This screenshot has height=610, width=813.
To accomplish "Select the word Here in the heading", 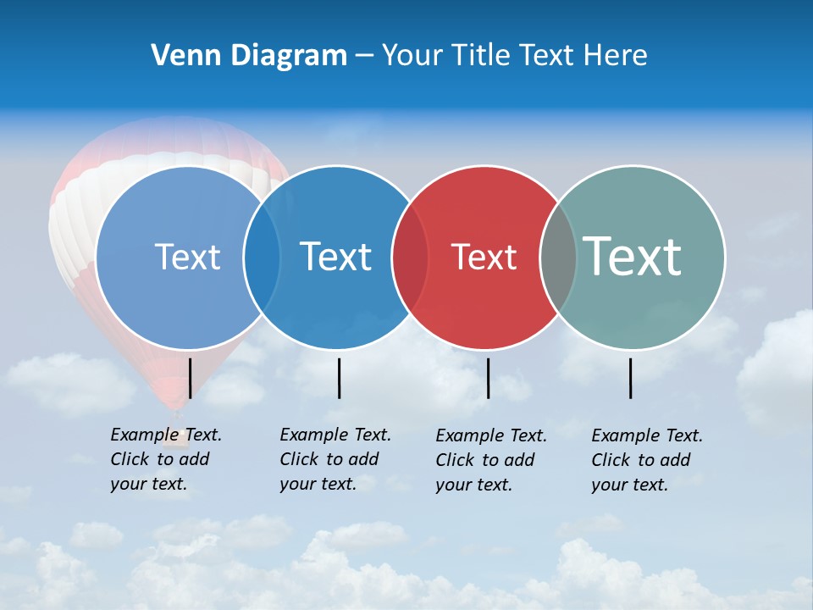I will (616, 55).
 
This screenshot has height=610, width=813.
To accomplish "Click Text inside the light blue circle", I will (187, 257).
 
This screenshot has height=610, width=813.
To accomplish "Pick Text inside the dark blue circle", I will (336, 257).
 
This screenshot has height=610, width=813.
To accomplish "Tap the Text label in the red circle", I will (484, 257).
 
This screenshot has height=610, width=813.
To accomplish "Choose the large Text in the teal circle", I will (633, 256).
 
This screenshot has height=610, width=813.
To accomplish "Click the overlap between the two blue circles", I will (262, 257).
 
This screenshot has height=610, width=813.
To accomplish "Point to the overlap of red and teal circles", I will (558, 257).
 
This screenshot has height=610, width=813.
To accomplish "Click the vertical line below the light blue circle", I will (190, 378).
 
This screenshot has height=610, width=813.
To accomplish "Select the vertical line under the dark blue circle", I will (339, 378).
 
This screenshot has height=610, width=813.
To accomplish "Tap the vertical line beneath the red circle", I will (488, 378).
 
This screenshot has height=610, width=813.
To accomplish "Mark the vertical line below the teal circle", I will (631, 378).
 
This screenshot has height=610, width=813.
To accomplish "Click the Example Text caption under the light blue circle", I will (165, 459).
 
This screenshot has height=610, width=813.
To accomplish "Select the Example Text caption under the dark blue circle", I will (335, 459).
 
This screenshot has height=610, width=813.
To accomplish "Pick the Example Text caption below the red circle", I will (491, 460).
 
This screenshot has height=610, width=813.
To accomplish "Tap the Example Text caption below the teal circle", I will (647, 460).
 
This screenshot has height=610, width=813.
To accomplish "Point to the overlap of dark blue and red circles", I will (410, 257).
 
